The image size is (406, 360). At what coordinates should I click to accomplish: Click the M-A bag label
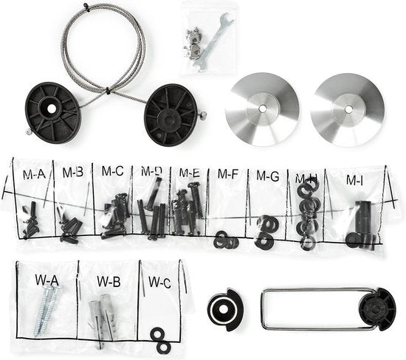[x=34, y=174]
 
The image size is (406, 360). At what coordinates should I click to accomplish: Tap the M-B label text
[x=73, y=172]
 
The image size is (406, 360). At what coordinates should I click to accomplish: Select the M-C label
[x=113, y=171]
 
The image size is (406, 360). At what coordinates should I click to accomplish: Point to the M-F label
[x=228, y=173]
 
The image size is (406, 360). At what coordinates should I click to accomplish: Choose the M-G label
[x=268, y=176]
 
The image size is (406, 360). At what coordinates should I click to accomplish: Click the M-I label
[x=354, y=180]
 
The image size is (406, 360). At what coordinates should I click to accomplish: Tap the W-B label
[x=109, y=281]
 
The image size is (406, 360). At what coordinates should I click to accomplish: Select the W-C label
[x=159, y=282]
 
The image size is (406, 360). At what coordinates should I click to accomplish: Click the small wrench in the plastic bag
[x=213, y=43]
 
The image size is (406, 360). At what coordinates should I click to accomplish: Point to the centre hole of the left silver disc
[x=263, y=109]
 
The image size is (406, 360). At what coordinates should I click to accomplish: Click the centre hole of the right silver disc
[x=348, y=109]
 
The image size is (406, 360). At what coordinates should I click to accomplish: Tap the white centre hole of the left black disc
[x=52, y=109]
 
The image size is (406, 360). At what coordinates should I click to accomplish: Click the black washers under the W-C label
[x=159, y=340]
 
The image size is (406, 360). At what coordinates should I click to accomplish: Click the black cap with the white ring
[x=224, y=310]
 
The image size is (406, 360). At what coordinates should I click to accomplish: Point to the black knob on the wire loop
[x=377, y=310]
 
